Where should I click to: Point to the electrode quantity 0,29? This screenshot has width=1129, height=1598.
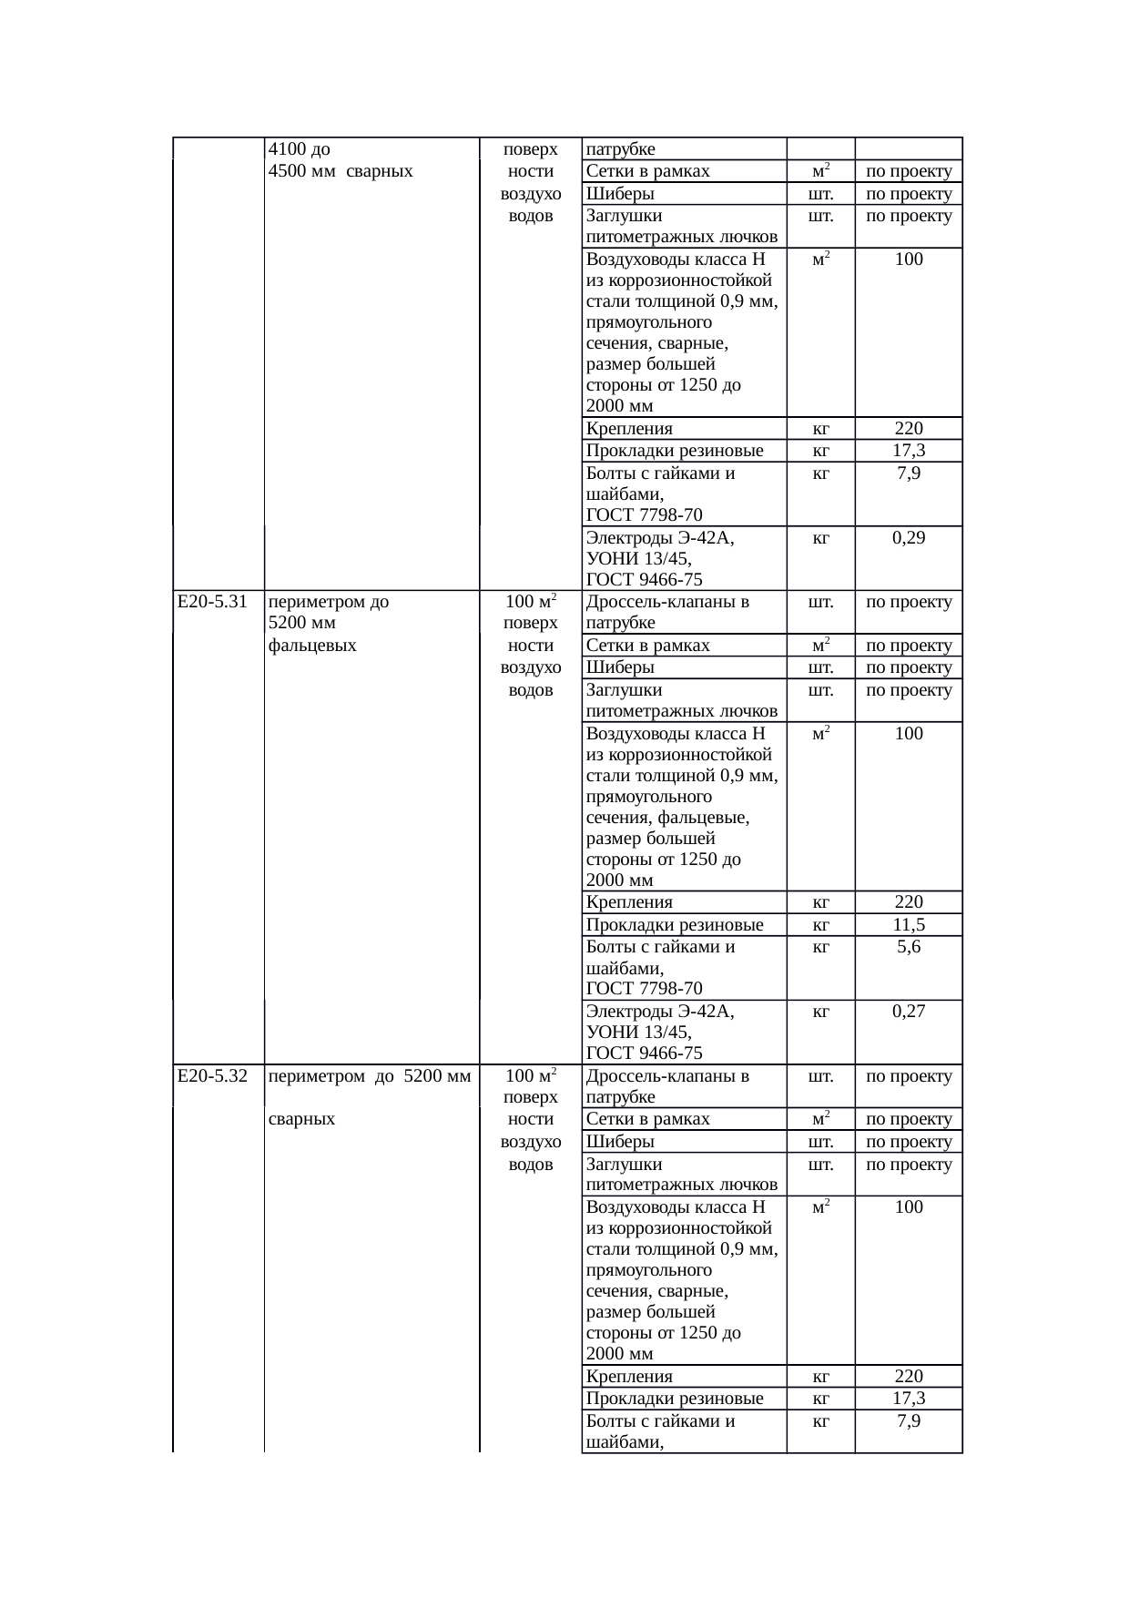[x=909, y=538]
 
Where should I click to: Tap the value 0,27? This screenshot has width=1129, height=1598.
[x=909, y=1012]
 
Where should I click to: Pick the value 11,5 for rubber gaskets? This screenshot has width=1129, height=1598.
[x=909, y=925]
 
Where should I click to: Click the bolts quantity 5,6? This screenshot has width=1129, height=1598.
[x=909, y=947]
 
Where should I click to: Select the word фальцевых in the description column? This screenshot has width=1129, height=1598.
[x=312, y=646]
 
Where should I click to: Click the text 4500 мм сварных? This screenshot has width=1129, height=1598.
[x=341, y=171]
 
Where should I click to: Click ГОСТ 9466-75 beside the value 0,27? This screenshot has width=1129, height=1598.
[x=644, y=1053]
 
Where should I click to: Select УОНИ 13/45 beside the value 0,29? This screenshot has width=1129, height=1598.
[x=638, y=558]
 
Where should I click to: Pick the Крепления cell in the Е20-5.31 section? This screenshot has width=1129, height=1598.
[x=629, y=903]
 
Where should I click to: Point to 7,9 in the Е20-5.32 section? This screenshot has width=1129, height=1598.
[x=909, y=1421]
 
